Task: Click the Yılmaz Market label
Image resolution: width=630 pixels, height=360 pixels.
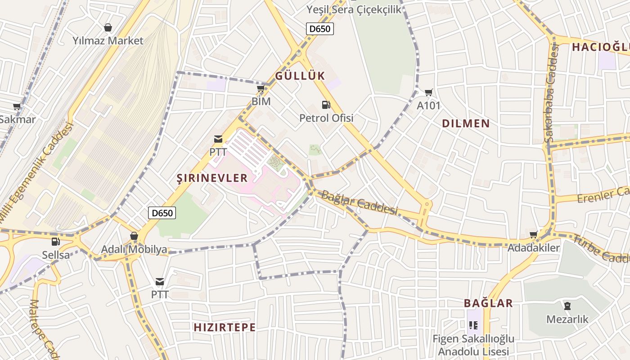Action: [108, 40]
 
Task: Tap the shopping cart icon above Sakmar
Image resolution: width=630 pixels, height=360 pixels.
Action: [17, 107]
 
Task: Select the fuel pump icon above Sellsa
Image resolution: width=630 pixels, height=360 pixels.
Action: [56, 242]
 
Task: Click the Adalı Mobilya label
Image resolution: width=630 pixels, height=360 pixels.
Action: [134, 249]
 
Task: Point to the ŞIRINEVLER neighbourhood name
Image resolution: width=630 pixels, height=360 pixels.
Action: [212, 178]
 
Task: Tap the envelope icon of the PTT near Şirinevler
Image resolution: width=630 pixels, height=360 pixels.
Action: [218, 139]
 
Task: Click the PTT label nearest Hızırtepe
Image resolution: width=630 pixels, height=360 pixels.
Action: [160, 295]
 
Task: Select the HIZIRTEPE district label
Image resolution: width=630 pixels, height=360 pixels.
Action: [225, 327]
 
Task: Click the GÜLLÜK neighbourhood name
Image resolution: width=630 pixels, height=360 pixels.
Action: [300, 76]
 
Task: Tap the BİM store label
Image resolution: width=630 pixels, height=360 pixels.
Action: [261, 101]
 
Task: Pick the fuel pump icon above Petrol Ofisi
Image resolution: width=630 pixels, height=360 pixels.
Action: [326, 105]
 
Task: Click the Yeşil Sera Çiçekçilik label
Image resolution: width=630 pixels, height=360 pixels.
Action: [354, 9]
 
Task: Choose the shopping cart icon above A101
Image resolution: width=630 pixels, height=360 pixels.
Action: [429, 93]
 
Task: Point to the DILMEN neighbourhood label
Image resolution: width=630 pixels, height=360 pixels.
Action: [466, 123]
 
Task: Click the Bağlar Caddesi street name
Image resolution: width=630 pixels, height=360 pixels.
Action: [360, 203]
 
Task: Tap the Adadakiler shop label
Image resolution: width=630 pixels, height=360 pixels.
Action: [534, 248]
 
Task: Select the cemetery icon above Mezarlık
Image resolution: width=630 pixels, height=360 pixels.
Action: [567, 306]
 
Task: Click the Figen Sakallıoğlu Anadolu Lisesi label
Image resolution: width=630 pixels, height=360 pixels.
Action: [473, 345]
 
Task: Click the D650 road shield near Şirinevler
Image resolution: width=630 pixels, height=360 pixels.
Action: [162, 213]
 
